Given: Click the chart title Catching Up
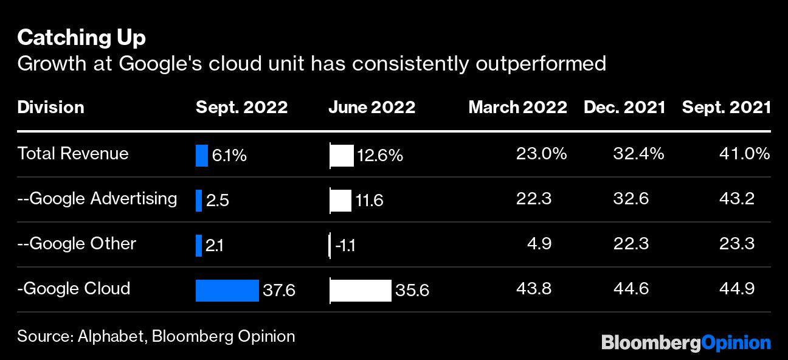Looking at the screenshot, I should click(x=81, y=38).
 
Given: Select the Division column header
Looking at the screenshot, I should click(x=50, y=108).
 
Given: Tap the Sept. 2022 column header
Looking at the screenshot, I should click(x=241, y=108).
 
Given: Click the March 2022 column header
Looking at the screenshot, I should click(x=517, y=108).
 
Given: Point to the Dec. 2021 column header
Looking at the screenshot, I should click(x=624, y=108).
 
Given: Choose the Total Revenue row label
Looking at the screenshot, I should click(x=73, y=153).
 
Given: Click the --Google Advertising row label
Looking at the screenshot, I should click(x=97, y=198).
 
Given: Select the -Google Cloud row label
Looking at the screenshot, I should click(x=74, y=288).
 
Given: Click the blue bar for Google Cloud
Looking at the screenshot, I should click(x=227, y=290).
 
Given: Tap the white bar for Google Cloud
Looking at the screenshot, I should click(x=361, y=290).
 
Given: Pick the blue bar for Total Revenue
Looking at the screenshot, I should click(x=202, y=155).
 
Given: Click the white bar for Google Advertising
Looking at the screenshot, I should click(x=340, y=200).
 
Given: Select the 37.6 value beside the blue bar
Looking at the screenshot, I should click(x=278, y=291).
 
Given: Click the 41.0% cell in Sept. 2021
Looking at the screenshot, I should click(x=744, y=154).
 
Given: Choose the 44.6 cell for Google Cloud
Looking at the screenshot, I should click(x=631, y=288).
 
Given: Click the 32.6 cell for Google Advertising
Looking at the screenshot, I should click(x=631, y=199).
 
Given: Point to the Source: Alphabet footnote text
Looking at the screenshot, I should click(x=156, y=336).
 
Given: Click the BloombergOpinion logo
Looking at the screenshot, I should click(x=686, y=343).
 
